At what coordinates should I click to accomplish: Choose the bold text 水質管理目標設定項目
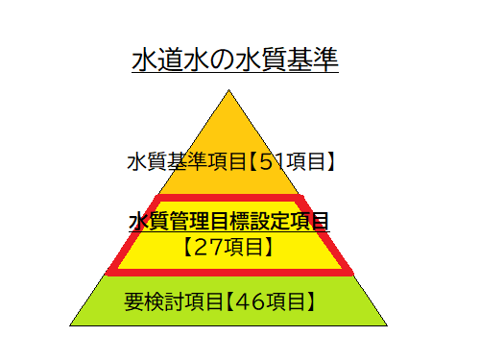tap(229, 223)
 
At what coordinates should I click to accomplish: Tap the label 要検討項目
tap(172, 301)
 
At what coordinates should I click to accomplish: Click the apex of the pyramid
tap(228, 91)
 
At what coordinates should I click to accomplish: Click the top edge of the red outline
tap(229, 200)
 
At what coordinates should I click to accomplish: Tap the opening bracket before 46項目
tap(230, 301)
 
